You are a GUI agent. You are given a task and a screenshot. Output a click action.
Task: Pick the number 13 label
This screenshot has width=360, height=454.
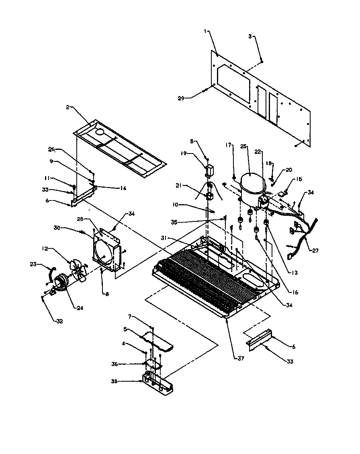[295, 273]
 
